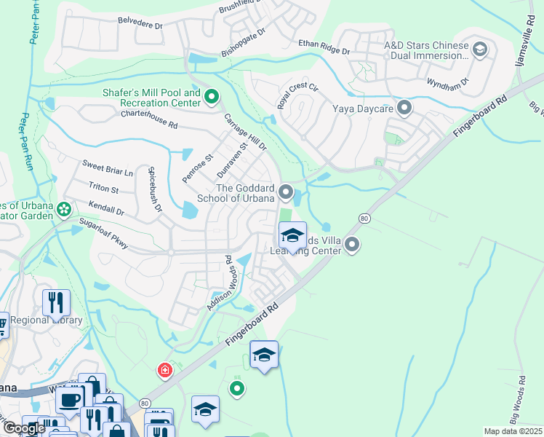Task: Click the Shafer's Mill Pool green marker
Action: [212, 96]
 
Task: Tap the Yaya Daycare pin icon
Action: [405, 109]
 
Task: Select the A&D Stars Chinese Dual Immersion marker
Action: [479, 50]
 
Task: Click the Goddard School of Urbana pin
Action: [287, 193]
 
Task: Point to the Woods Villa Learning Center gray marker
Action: [353, 245]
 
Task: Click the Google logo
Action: [23, 428]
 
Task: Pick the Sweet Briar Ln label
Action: [108, 168]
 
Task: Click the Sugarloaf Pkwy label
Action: [103, 233]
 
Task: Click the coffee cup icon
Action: [71, 398]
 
